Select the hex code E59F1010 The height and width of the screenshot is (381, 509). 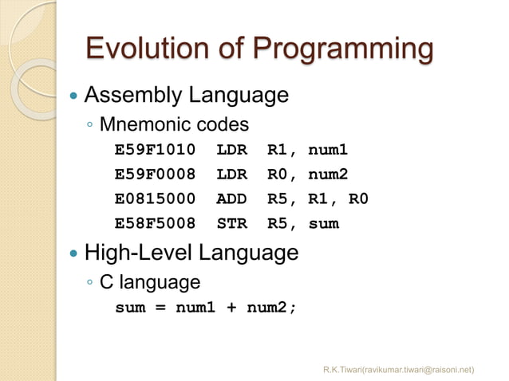[x=155, y=150]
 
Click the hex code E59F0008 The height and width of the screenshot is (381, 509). [x=155, y=175]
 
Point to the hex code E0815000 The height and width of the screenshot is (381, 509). [x=155, y=198]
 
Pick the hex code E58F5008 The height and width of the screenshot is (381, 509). [x=155, y=223]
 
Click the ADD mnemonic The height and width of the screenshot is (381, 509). [x=231, y=198]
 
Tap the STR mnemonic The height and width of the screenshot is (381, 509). [x=231, y=223]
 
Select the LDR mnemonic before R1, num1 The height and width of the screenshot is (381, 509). [x=231, y=150]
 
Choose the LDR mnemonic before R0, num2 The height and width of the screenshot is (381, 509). [x=231, y=175]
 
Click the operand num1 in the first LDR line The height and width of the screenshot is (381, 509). [x=329, y=150]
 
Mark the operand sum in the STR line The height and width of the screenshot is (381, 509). [x=323, y=223]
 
